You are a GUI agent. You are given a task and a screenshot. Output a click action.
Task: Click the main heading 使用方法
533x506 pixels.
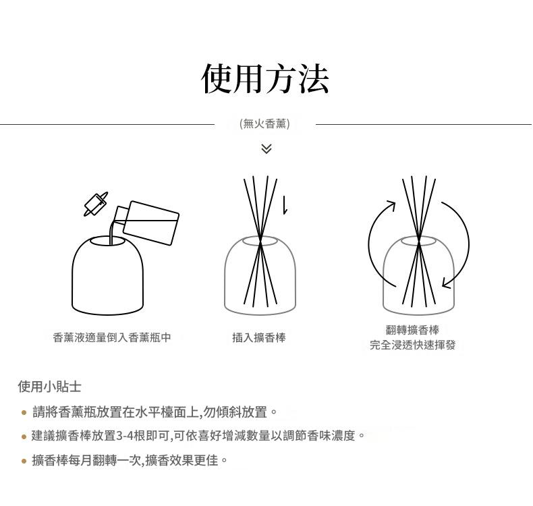(265, 79)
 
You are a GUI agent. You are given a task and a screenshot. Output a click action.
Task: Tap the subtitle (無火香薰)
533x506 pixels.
(264, 123)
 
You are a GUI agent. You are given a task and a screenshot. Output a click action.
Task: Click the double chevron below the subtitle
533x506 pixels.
(266, 148)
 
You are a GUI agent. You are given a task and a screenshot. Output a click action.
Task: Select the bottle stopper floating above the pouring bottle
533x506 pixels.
(96, 204)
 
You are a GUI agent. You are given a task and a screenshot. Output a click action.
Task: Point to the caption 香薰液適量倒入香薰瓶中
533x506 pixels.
(112, 337)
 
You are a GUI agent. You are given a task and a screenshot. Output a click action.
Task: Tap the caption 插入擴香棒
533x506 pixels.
(259, 337)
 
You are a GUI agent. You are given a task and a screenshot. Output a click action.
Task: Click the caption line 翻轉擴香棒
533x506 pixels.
(412, 330)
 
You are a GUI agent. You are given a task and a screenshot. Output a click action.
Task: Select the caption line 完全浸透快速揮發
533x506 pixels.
(412, 345)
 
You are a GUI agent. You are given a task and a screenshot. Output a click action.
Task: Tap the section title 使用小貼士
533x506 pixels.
(50, 387)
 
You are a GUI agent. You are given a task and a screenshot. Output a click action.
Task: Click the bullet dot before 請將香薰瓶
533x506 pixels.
(24, 412)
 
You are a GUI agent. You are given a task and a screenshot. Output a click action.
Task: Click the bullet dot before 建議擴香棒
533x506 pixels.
(24, 437)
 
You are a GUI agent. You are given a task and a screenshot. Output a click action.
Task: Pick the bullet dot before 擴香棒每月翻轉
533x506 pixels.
(24, 461)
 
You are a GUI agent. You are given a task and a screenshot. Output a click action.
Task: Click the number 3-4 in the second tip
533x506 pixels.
(125, 436)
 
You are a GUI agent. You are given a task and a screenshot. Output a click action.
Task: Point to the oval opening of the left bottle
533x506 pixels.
(107, 241)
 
